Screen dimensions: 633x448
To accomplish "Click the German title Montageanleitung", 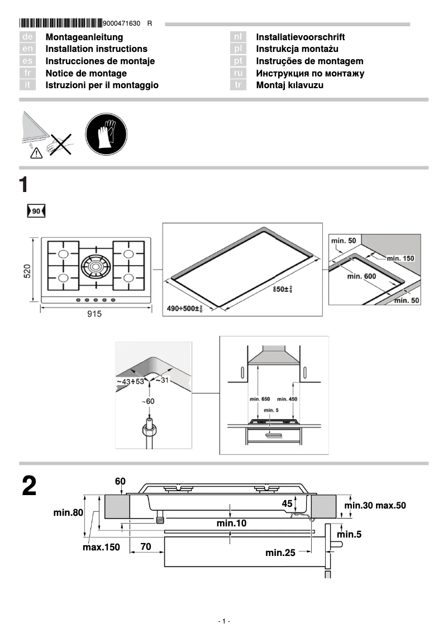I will tap(84, 37).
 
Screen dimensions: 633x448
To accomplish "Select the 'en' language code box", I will tap(27, 49).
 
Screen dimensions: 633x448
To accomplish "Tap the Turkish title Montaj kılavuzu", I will tap(289, 85).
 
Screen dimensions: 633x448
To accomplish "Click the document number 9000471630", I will tap(122, 23).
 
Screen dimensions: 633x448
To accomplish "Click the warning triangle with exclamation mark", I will tap(36, 155).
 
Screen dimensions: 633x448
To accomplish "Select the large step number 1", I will tap(24, 185).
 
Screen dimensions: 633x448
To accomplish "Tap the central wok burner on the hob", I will tap(96, 266).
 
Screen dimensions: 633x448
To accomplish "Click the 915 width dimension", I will tap(94, 314).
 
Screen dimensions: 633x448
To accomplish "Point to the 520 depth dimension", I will tap(27, 271).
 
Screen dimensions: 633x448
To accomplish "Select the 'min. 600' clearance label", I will tap(361, 276).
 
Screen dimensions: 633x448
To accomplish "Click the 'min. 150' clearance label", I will tap(401, 258).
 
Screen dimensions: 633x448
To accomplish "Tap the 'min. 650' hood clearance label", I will tap(258, 399).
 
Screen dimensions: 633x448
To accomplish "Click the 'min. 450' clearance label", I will tap(287, 399).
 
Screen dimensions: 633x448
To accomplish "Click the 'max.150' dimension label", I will tap(101, 548).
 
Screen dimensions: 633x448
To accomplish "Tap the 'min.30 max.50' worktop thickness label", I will tap(375, 506).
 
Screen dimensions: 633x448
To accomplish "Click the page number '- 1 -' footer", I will tap(223, 621).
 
